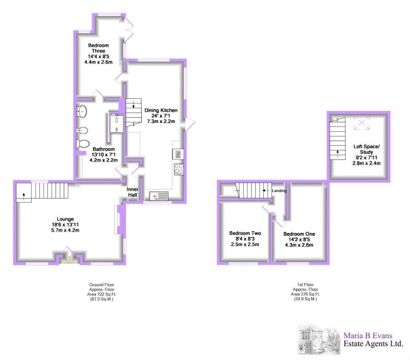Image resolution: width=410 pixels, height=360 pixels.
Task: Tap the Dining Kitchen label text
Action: pyautogui.click(x=161, y=110)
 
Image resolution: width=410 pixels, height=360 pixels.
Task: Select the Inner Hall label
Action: pyautogui.click(x=132, y=192)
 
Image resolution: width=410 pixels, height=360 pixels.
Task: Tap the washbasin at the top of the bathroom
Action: pyautogui.click(x=82, y=110)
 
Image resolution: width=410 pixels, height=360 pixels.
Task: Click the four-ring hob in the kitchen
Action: pyautogui.click(x=178, y=168)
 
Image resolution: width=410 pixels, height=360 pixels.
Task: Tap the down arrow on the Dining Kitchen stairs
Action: pyautogui.click(x=133, y=106)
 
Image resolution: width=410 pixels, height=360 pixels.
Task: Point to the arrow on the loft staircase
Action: pyautogui.click(x=338, y=152)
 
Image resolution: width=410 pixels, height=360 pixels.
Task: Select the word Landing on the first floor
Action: pyautogui.click(x=279, y=191)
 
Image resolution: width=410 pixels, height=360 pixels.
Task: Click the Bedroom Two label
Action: pyautogui.click(x=244, y=233)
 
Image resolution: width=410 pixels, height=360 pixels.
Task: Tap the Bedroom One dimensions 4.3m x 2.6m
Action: pyautogui.click(x=299, y=245)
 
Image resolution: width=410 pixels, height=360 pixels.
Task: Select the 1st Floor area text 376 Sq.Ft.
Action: pyautogui.click(x=305, y=294)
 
